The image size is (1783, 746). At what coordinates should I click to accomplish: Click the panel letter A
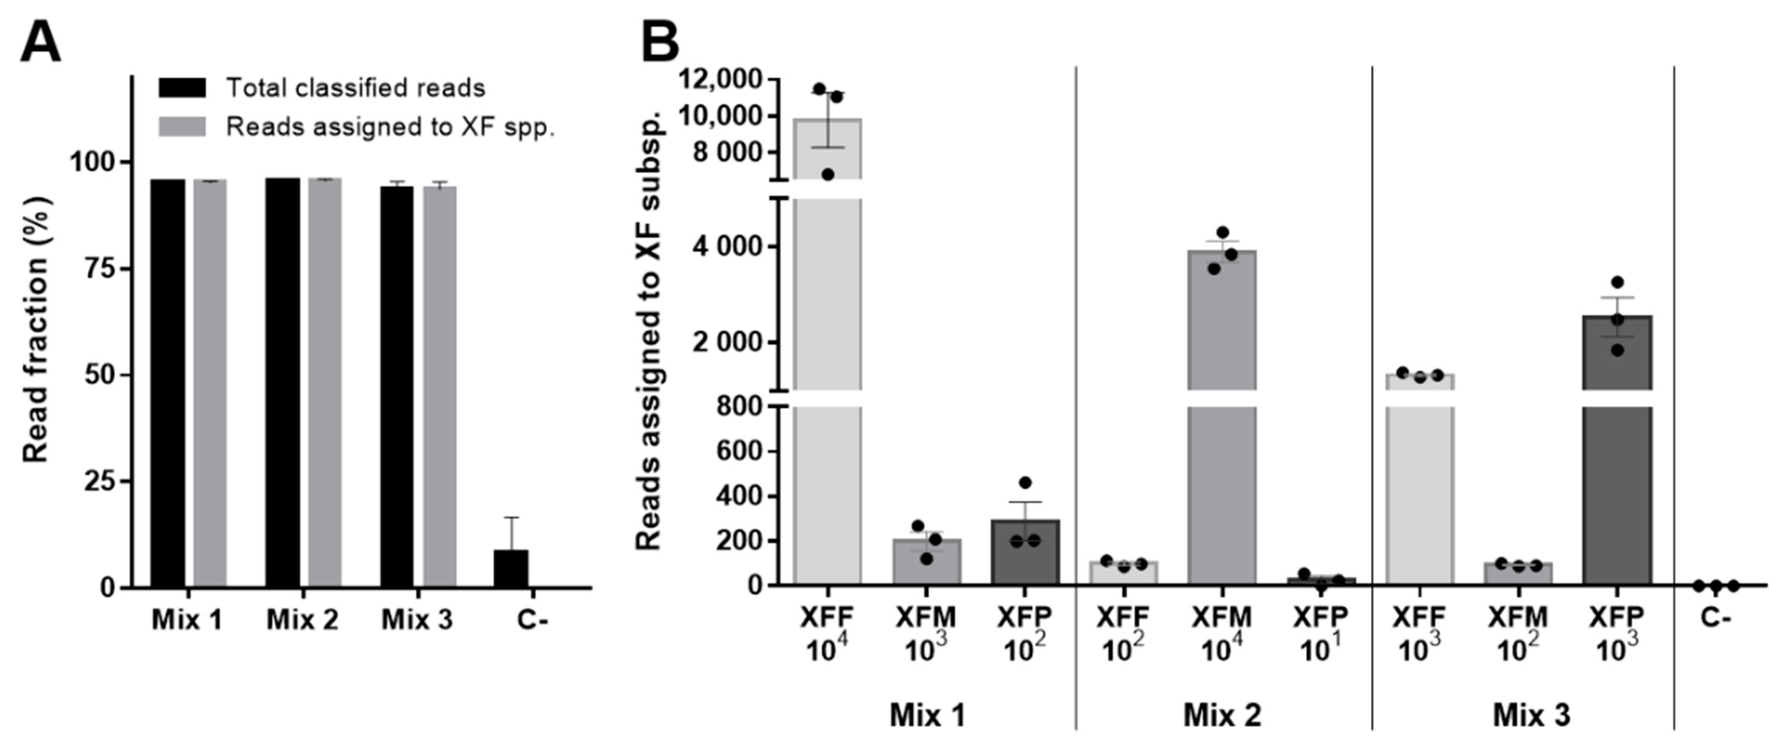coord(41,43)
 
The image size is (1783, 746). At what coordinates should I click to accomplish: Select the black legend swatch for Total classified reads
coord(182,88)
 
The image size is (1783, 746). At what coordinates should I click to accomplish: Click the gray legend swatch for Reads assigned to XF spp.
coord(182,127)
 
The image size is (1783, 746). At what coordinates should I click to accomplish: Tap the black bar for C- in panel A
coord(511,568)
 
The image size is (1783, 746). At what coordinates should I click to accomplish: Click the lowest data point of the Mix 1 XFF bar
coord(828,174)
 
